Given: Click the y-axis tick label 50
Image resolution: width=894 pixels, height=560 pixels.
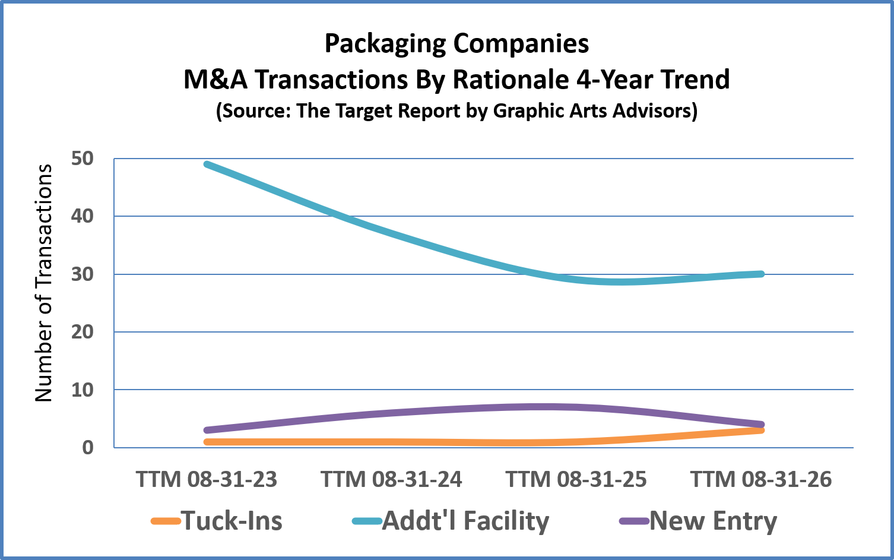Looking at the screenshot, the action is click(82, 159).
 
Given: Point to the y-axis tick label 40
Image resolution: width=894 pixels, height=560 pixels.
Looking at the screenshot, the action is click(82, 216).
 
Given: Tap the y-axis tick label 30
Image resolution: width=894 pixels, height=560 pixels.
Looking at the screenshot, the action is click(82, 274).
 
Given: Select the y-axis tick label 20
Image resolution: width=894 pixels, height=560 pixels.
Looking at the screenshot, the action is click(82, 332).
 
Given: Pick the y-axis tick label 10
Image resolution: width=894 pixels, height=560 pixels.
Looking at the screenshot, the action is click(82, 390).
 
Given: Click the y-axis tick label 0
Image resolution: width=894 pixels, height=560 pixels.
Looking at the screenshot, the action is click(88, 447).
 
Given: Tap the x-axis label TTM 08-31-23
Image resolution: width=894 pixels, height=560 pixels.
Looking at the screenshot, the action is click(207, 479).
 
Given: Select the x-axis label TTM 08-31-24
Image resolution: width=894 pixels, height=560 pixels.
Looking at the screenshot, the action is click(391, 479).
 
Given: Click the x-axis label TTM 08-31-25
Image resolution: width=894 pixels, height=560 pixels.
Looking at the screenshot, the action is click(576, 479).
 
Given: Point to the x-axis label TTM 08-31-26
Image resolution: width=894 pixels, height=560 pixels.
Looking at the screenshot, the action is click(760, 479).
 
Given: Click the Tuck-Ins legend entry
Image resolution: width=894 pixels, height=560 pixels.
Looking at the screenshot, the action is click(217, 521).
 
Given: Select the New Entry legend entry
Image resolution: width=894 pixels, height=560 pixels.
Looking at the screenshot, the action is click(698, 521).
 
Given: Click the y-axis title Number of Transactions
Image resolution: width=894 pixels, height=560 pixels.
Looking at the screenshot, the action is click(43, 283).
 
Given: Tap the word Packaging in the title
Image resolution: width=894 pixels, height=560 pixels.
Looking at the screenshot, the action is click(385, 43).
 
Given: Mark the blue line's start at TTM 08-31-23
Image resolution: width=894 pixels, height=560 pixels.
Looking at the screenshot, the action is click(207, 164).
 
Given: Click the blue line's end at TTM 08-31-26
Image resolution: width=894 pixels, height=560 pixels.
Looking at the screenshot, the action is click(760, 274).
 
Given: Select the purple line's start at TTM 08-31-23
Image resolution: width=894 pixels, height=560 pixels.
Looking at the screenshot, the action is click(207, 431).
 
